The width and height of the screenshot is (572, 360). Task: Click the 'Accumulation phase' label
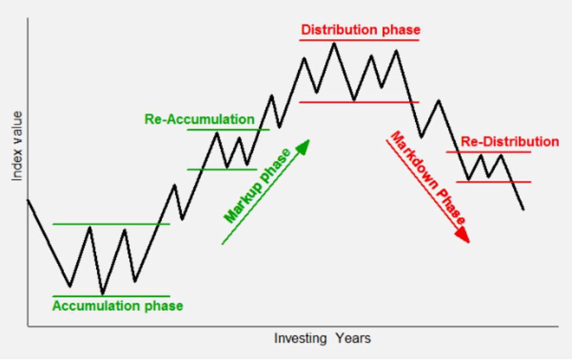(118, 305)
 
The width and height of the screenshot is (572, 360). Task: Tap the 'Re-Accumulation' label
(199, 119)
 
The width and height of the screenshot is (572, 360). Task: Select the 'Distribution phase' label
(361, 30)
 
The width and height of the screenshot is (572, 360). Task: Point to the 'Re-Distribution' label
(510, 141)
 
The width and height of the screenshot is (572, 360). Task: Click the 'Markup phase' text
(257, 186)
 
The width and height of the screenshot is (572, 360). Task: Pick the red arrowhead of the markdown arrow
(462, 235)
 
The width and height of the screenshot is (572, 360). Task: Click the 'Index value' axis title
(17, 146)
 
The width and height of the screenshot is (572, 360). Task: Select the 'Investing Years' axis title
(323, 338)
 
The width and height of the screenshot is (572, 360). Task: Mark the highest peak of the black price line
(334, 43)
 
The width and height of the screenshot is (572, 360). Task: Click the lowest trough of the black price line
(103, 294)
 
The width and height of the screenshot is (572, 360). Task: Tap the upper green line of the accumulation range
(111, 224)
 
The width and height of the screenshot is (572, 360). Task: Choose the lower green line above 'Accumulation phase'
(111, 296)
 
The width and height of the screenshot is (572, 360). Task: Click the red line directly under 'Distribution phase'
(359, 40)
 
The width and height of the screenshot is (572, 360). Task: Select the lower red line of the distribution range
(359, 102)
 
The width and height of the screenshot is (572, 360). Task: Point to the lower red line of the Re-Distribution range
(494, 182)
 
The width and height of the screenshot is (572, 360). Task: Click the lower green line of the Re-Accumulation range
(222, 169)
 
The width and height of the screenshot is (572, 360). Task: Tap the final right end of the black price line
(523, 209)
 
